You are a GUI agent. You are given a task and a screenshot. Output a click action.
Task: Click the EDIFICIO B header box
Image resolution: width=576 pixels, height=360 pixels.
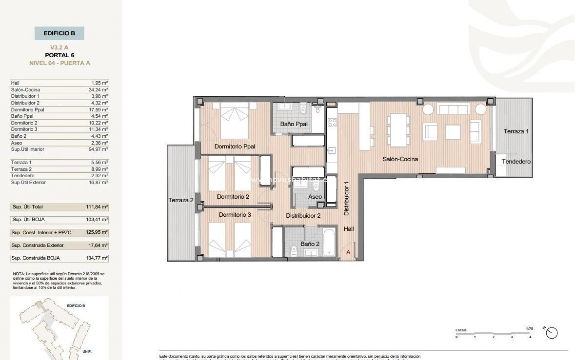(x=59, y=33)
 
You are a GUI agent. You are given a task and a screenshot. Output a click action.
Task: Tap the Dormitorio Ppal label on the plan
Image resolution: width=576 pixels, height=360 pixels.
(x=235, y=146)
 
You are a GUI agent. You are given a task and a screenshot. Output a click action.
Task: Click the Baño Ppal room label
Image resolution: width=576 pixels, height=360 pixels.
(x=294, y=124)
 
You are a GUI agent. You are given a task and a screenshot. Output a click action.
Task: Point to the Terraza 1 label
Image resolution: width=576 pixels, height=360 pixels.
(x=516, y=131)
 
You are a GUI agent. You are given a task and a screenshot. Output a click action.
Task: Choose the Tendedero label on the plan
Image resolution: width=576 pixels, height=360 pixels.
(x=516, y=161)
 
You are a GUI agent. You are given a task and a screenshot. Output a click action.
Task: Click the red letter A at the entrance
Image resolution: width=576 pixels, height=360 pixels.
(x=348, y=252)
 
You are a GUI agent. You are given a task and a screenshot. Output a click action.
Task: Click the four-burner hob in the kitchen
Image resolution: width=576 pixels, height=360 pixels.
(x=332, y=122)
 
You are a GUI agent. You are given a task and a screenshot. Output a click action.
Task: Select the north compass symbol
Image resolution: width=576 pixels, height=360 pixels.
(x=552, y=333)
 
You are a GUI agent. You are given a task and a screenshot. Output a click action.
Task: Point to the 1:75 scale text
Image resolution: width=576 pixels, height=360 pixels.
(x=529, y=328)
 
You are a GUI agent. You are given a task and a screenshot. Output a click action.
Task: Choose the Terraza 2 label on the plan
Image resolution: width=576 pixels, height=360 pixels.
(x=181, y=200)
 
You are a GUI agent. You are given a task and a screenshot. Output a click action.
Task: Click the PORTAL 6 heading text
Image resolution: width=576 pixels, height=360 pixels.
(x=59, y=55)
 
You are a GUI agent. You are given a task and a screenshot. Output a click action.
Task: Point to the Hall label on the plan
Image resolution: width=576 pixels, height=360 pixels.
(x=349, y=229)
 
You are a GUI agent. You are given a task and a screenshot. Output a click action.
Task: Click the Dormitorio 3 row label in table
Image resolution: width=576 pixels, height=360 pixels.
(x=24, y=129)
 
